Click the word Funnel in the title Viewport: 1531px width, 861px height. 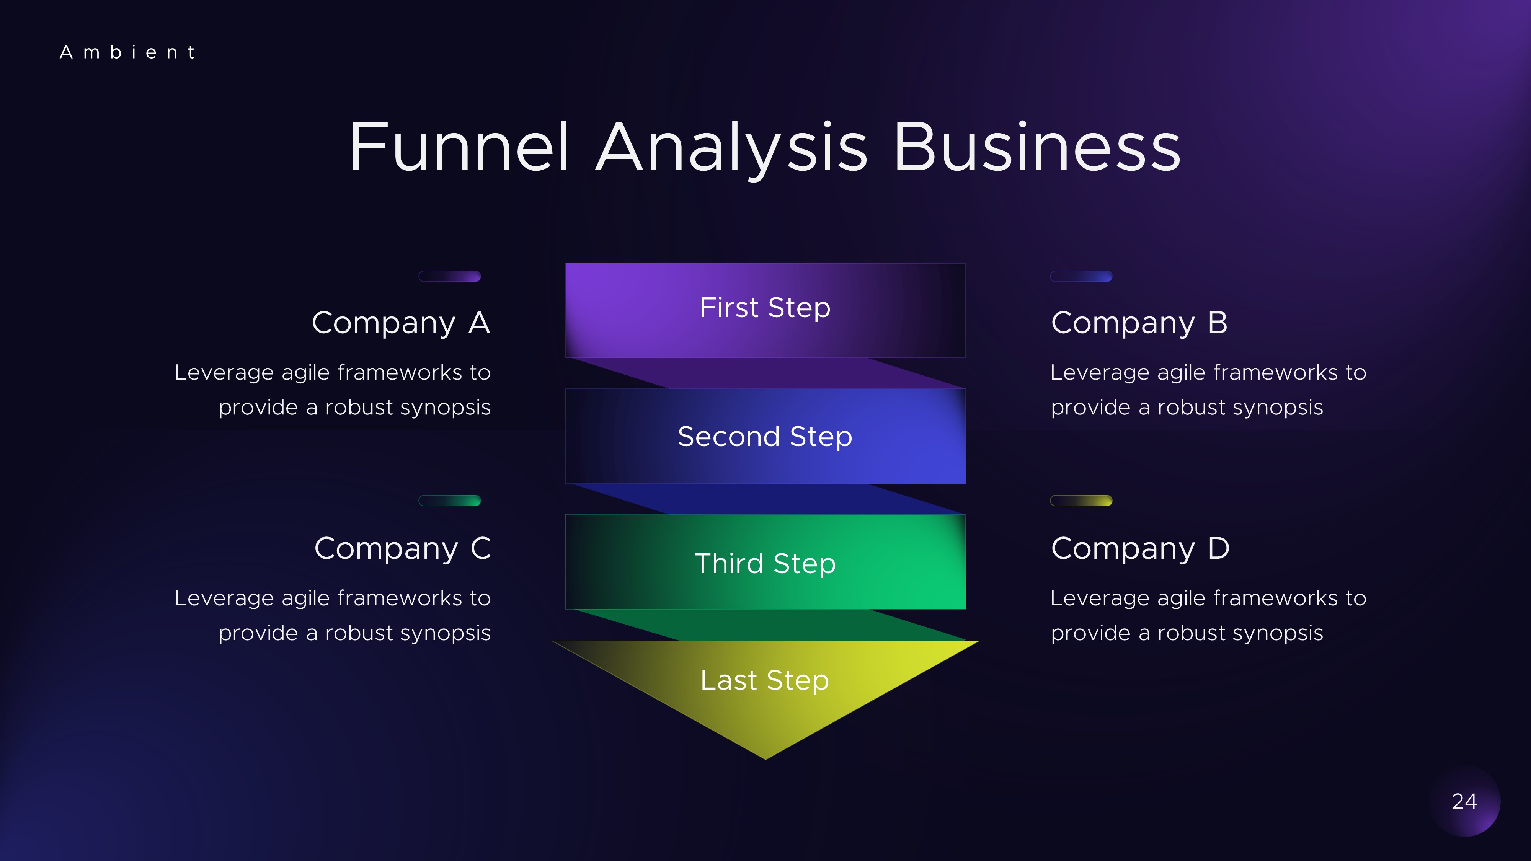pos(459,147)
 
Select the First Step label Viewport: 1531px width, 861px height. pos(765,308)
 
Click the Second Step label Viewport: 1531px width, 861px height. pos(765,437)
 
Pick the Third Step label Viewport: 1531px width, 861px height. pos(765,563)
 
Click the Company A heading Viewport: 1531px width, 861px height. pos(401,323)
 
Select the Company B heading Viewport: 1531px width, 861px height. pos(1139,323)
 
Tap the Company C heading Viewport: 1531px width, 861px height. pos(402,548)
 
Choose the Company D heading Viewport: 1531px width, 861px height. pos(1140,548)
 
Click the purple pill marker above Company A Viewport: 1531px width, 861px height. pos(450,276)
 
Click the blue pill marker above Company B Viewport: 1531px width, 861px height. pos(1081,276)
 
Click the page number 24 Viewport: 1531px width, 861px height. pos(1464,802)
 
